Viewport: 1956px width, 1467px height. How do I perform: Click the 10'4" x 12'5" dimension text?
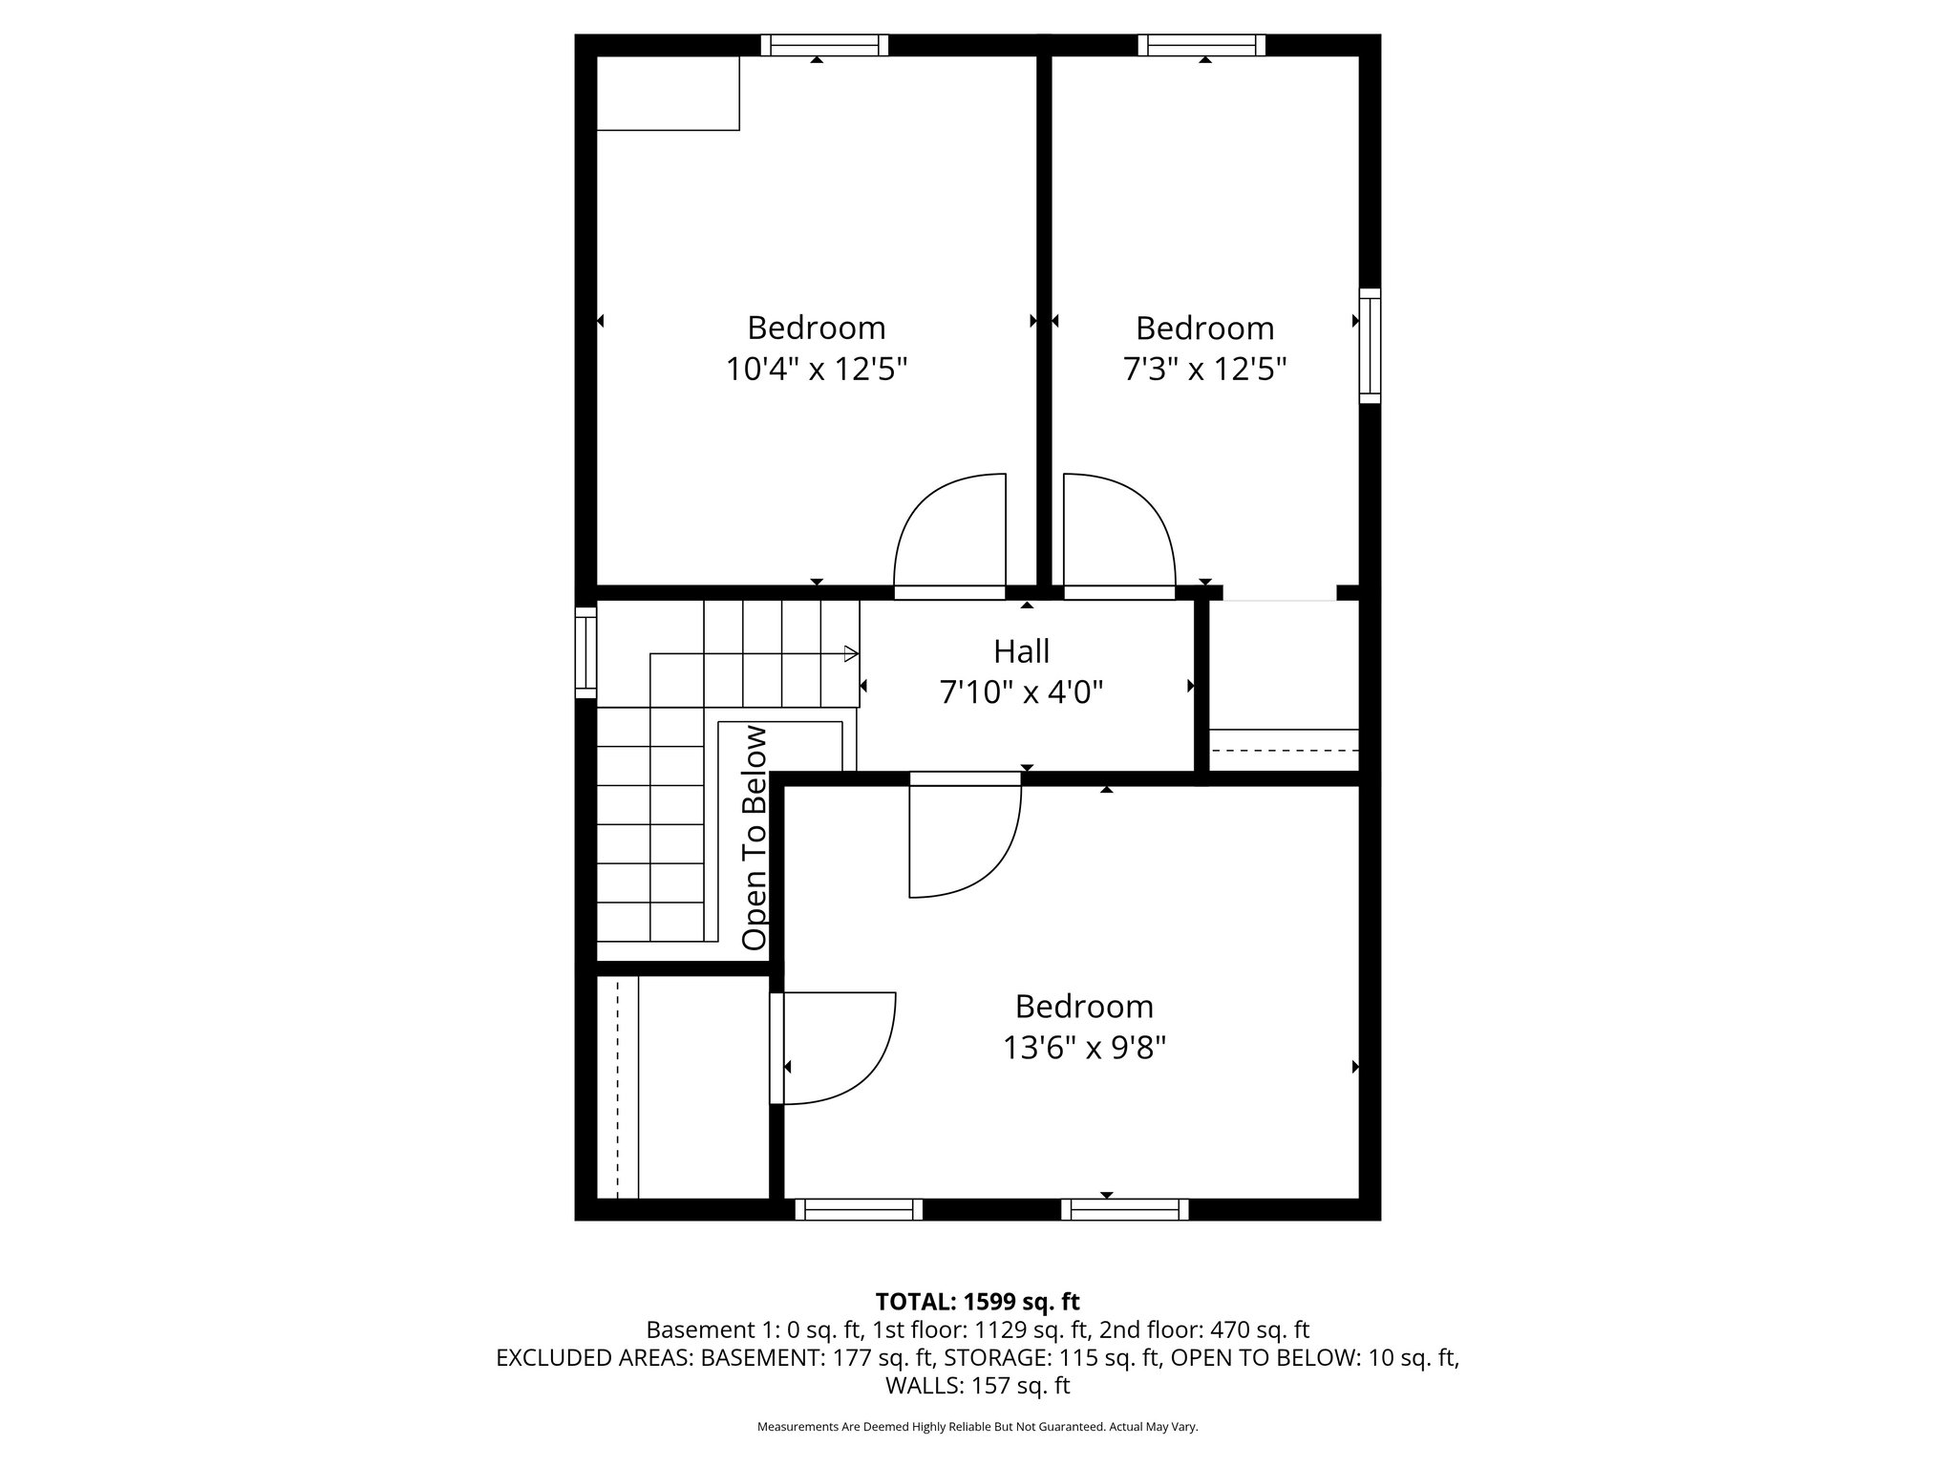(816, 369)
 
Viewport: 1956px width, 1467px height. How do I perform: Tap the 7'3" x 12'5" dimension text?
(1204, 369)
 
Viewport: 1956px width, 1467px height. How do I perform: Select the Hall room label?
(1021, 651)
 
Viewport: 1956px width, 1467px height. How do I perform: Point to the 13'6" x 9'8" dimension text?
(1084, 1048)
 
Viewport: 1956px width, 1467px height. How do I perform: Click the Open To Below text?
(755, 838)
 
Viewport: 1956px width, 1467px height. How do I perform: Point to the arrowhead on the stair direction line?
(851, 654)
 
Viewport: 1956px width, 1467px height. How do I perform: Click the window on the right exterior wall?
(1370, 346)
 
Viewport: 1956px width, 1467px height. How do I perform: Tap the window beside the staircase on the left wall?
(585, 652)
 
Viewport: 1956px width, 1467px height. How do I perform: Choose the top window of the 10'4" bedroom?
(824, 45)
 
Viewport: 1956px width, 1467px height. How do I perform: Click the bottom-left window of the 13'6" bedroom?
(859, 1210)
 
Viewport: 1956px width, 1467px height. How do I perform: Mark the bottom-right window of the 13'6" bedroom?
(1125, 1210)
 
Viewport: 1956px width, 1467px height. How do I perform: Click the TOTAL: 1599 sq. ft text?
(977, 1301)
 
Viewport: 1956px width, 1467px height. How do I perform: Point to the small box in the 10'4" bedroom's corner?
(668, 93)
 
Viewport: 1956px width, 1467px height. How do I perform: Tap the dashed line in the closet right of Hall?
(1284, 751)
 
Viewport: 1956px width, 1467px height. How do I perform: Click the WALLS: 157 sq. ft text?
(977, 1385)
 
